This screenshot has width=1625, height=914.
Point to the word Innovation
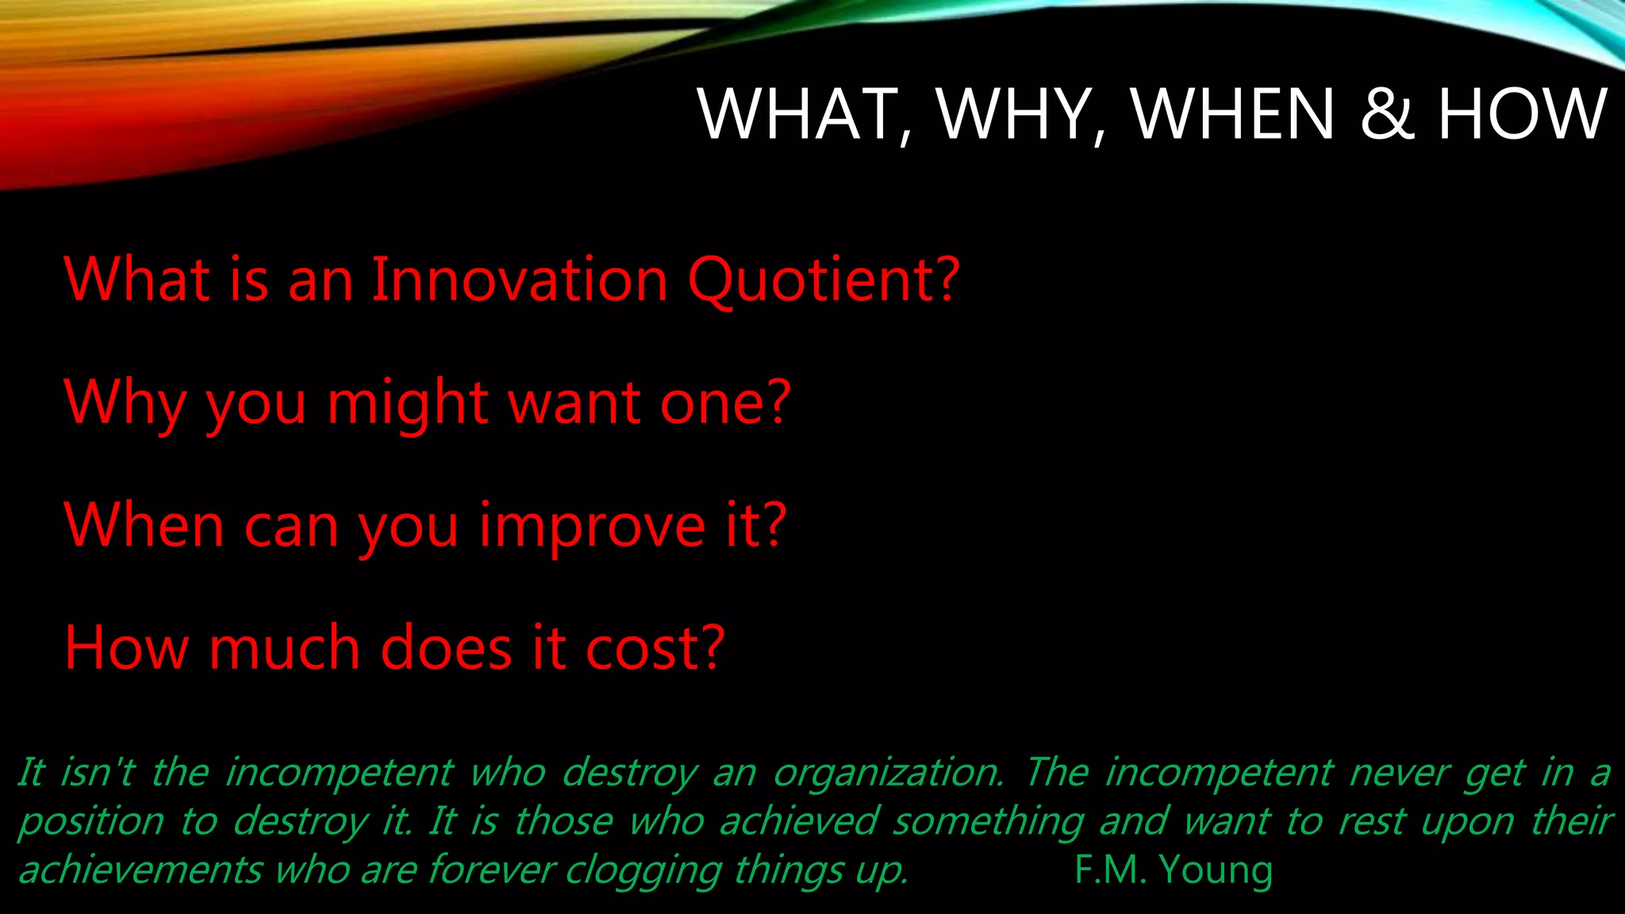tap(520, 280)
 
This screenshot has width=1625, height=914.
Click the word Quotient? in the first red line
tap(824, 282)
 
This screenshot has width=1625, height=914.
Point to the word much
tap(284, 649)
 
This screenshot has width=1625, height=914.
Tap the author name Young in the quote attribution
tap(1216, 870)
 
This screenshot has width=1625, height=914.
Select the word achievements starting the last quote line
tap(140, 870)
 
